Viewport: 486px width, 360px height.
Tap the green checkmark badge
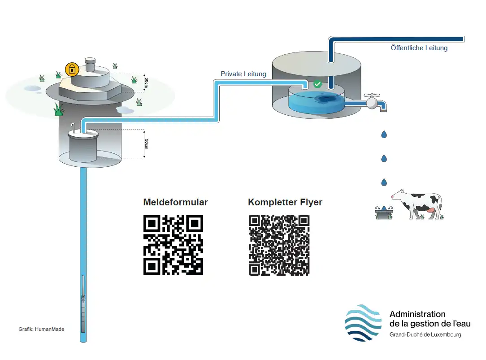317,84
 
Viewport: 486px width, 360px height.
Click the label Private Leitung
243,74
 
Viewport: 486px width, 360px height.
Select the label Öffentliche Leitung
419,48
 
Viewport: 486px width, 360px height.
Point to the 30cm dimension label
147,82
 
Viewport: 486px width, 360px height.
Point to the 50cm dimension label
147,144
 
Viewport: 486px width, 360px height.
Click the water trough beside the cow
383,213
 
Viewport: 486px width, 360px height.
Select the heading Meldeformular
175,202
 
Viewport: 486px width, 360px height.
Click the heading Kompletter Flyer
285,202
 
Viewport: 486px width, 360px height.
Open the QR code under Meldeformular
173,245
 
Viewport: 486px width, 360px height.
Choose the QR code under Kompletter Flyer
279,245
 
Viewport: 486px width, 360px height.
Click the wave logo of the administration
363,323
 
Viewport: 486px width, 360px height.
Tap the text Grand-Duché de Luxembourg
425,335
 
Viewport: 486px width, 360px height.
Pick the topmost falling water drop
384,134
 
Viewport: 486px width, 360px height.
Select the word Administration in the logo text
417,314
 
